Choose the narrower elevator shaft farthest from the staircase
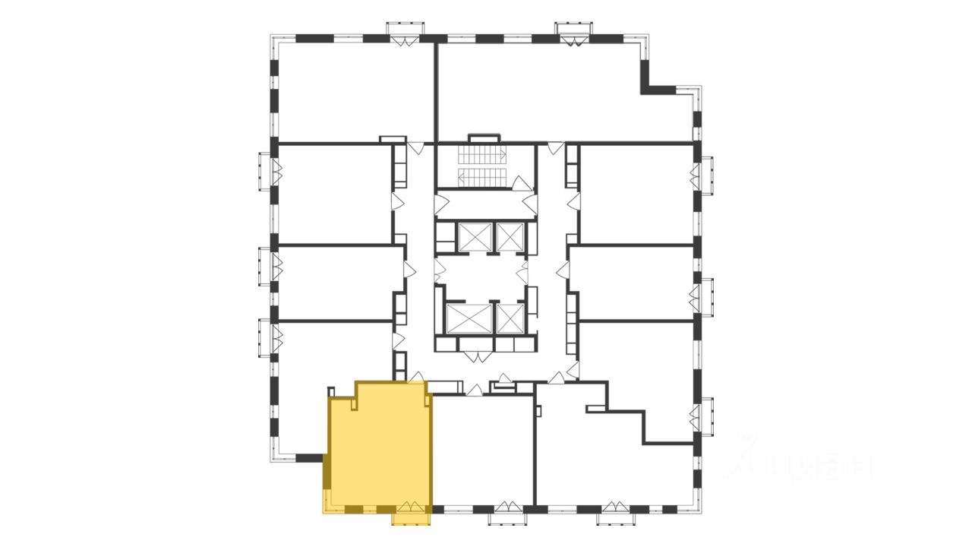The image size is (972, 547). pos(509,318)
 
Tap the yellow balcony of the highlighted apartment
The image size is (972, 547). pos(411,517)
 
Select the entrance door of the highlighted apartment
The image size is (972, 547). pos(416,378)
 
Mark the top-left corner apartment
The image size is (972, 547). pos(353,91)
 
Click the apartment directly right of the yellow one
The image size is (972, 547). pos(482,448)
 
